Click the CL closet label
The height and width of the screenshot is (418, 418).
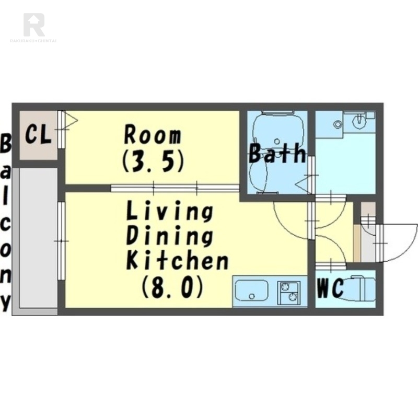coord(38,135)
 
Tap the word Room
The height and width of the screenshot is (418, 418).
coord(153,135)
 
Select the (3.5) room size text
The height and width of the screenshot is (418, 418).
coord(153,161)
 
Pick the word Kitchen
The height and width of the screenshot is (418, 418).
coord(177,259)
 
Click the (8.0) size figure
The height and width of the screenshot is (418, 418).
coord(172,286)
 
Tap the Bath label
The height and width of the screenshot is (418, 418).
coord(277,153)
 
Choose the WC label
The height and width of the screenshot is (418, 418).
coord(330,288)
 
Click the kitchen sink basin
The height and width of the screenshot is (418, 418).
coord(252,291)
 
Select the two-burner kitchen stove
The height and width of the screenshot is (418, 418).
coord(288,293)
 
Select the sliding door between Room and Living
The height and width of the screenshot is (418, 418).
coord(175,188)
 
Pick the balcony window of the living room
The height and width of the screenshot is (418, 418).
coord(61,241)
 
